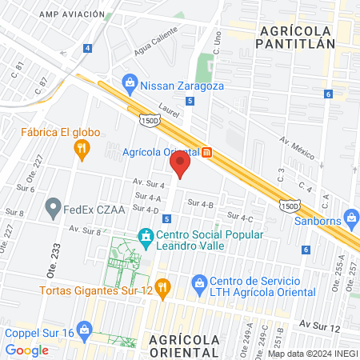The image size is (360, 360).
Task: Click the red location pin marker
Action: click(x=180, y=165)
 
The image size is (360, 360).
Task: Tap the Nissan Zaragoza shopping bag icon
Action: click(x=129, y=82)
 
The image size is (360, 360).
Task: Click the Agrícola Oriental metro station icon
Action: click(x=206, y=152)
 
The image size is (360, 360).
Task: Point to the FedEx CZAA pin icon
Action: click(x=54, y=210)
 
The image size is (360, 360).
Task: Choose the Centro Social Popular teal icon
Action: click(x=146, y=236)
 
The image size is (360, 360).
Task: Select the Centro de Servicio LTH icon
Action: click(x=199, y=282)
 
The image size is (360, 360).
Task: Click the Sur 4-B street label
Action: click(x=200, y=205)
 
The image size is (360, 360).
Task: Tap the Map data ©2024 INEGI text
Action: click(x=311, y=353)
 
